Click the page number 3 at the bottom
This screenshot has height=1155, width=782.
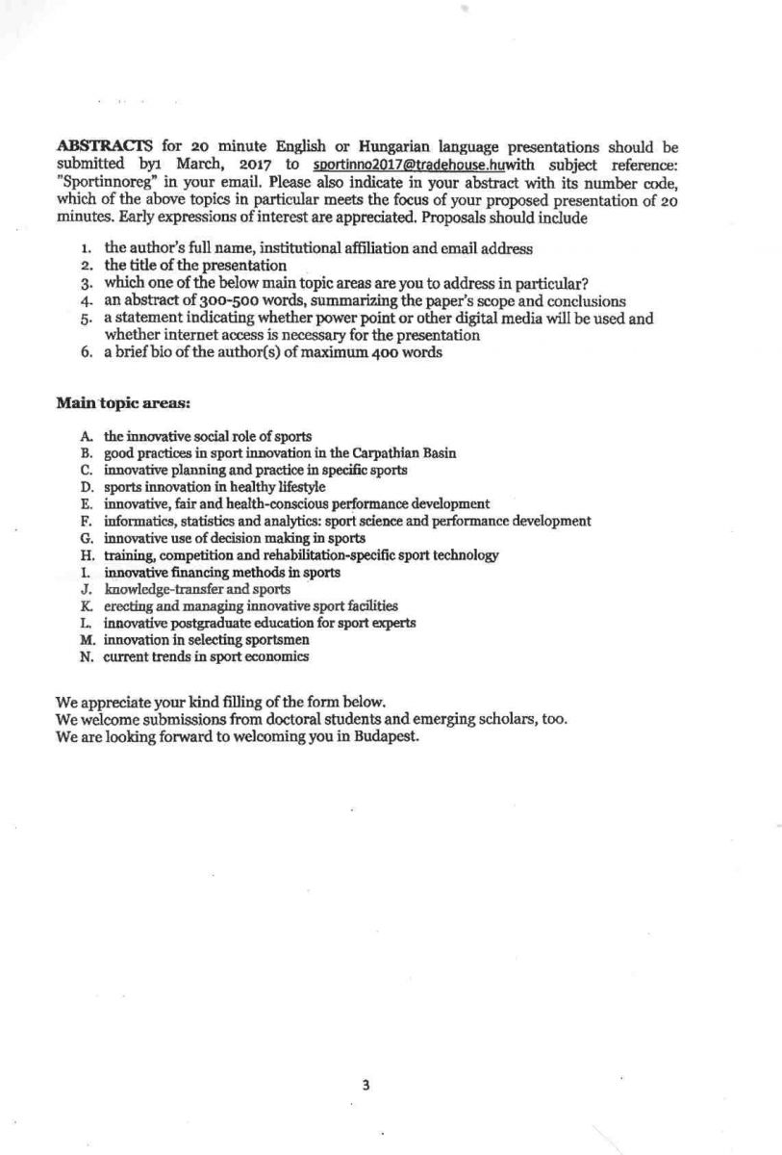click(366, 1085)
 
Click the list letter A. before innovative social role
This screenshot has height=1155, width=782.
click(87, 436)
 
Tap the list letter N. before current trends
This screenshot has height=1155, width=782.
click(87, 657)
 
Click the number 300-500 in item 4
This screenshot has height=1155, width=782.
click(205, 300)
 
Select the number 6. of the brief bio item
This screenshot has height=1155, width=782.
click(87, 352)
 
